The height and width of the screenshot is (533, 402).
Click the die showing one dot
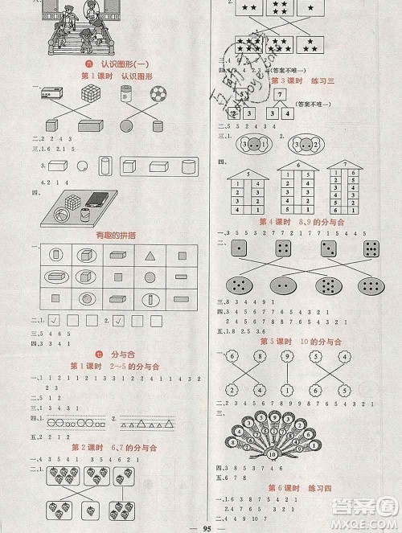[x=240, y=249]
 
